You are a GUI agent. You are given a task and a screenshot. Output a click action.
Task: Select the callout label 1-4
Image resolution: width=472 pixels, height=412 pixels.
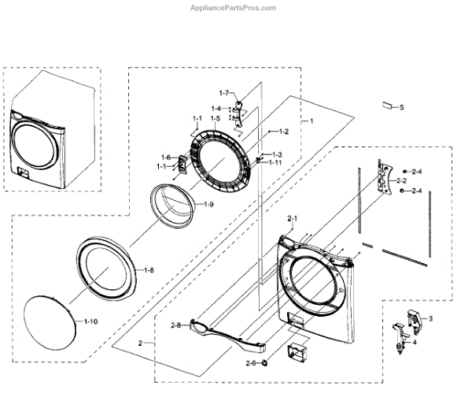(x=216, y=108)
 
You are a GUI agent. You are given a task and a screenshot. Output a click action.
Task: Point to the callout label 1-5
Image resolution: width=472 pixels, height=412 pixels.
(x=215, y=118)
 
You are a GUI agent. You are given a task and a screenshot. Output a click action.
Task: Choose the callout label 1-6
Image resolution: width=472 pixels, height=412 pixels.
(x=166, y=157)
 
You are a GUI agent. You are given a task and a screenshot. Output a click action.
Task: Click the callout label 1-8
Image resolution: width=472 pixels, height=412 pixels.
(x=148, y=270)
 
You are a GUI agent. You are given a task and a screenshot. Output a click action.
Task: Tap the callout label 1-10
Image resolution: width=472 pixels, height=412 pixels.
(x=92, y=322)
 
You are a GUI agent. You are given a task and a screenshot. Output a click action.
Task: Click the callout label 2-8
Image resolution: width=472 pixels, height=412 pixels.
(x=175, y=325)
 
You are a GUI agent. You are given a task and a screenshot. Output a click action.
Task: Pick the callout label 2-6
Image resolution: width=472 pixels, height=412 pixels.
(x=251, y=362)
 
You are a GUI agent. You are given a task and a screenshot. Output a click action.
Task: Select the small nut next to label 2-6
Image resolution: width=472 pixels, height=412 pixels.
(x=266, y=362)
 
